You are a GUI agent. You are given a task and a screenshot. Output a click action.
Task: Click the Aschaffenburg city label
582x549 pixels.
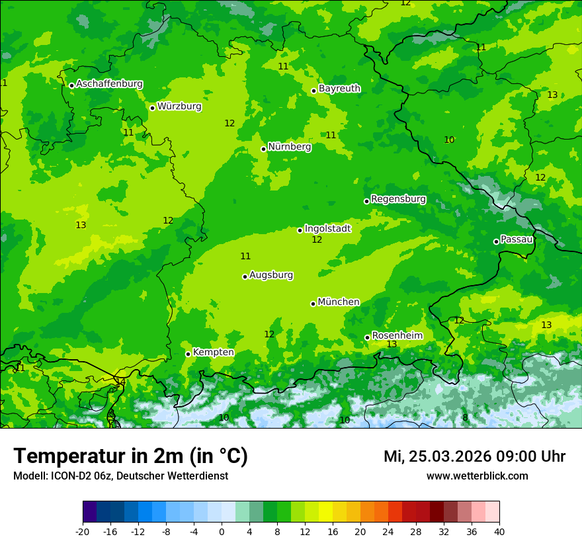tap(109, 84)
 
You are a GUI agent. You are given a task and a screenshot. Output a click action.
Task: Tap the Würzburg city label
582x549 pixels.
tap(179, 106)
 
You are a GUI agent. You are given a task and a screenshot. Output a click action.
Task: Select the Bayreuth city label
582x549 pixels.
tap(339, 89)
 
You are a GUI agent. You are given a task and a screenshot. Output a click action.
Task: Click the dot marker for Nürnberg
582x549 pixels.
tap(263, 149)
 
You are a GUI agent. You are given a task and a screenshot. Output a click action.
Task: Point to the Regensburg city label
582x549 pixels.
tap(398, 199)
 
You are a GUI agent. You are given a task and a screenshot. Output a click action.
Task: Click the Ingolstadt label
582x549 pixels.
tap(327, 229)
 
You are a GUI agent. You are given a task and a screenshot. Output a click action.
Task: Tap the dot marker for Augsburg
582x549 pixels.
tap(245, 276)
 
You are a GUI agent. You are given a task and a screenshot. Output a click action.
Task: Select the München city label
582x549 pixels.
tap(339, 302)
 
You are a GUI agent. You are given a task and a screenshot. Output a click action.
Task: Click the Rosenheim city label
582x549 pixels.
tap(397, 336)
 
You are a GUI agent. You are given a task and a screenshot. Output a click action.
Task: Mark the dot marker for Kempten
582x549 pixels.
tap(188, 354)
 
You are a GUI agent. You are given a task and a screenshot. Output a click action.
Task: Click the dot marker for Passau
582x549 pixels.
tap(496, 241)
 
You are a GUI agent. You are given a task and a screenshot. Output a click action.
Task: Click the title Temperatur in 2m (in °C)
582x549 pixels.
tap(130, 456)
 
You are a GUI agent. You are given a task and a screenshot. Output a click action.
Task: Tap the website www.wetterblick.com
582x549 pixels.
tap(477, 476)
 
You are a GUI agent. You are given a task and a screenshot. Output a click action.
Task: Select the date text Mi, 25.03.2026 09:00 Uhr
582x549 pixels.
tap(474, 456)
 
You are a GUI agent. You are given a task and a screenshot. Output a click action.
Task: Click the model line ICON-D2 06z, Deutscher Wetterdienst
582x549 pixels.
tap(120, 476)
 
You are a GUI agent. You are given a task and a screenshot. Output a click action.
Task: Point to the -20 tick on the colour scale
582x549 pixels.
tap(83, 531)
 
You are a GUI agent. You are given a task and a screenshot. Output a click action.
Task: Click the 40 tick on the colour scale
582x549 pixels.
tap(499, 531)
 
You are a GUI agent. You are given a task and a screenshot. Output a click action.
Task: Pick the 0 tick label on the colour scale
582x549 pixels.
tap(222, 531)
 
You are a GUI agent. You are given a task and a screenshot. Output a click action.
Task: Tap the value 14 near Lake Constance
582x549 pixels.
tap(120, 382)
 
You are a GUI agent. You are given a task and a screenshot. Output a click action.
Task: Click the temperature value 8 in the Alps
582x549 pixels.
tap(465, 418)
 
